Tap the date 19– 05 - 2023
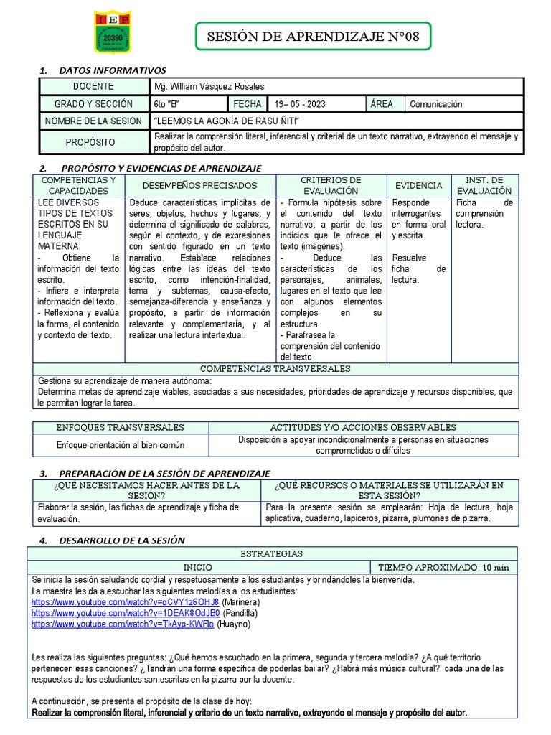click(298, 104)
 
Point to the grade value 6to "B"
click(167, 104)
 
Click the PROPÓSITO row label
click(90, 142)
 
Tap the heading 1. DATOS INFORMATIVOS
click(102, 70)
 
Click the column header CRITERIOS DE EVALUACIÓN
click(331, 185)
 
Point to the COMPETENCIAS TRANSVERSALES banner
click(275, 368)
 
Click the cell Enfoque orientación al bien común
click(121, 445)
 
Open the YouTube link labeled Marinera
click(125, 601)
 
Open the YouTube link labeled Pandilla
click(125, 614)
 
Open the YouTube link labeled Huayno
click(123, 625)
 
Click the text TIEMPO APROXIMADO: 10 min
click(443, 567)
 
